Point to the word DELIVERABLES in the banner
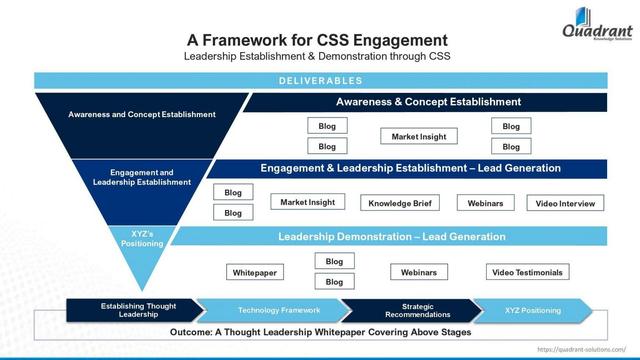coord(320,81)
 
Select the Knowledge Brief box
coord(400,203)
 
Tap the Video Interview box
coord(565,203)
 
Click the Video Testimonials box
coord(526,272)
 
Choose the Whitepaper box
coord(255,272)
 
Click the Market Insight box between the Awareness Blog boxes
coord(419,136)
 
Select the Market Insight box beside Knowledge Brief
coord(308,202)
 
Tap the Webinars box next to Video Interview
coord(485,203)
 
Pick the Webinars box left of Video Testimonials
coord(419,272)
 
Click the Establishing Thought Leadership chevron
coord(131,310)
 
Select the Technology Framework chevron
coord(272,310)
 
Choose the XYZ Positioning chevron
coord(533,310)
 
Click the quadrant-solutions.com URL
coord(584,350)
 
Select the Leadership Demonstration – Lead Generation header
coord(392,237)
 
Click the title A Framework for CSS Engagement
coord(317,40)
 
